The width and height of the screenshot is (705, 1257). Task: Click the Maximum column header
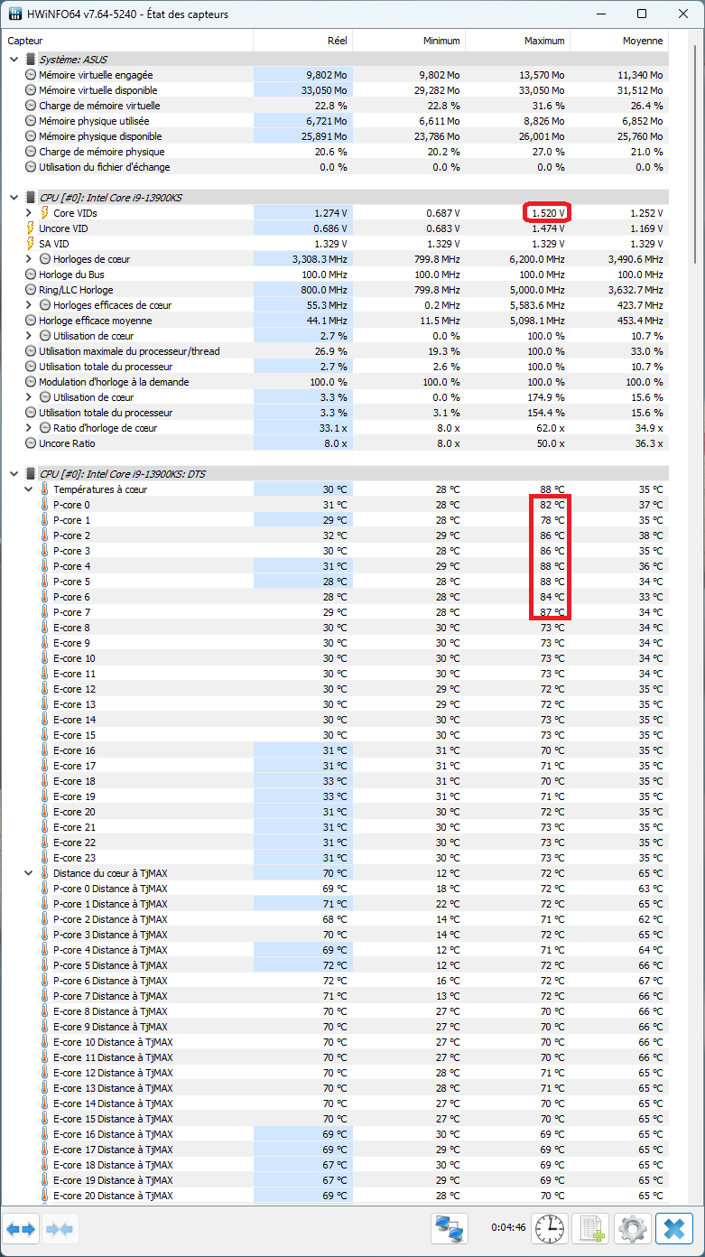pos(544,41)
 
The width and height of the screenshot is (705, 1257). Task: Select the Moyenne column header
pos(642,41)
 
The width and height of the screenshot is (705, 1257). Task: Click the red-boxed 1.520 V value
pos(548,213)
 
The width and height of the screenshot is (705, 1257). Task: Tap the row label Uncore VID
pos(63,228)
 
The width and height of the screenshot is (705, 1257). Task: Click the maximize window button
pos(642,14)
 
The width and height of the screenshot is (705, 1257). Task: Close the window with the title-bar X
pos(683,14)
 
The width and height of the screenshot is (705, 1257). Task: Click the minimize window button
pos(601,14)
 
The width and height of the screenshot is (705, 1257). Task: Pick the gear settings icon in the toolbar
pos(632,1229)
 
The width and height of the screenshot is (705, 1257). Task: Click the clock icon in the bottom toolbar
pos(550,1229)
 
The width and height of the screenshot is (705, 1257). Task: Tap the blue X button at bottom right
pos(673,1229)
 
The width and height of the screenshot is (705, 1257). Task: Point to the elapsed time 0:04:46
pos(508,1227)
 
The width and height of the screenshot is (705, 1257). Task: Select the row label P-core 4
pos(71,566)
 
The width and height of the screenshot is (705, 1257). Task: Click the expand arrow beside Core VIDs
pos(29,213)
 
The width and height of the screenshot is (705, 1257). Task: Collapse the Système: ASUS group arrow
pos(14,59)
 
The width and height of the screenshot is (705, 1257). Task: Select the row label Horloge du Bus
pos(71,275)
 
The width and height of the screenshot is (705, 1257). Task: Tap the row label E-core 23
pos(74,858)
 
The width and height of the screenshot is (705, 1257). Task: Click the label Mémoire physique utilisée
pos(94,121)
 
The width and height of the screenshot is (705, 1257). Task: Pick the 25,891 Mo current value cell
pos(327,136)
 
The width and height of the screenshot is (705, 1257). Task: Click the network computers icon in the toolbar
pos(450,1229)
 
